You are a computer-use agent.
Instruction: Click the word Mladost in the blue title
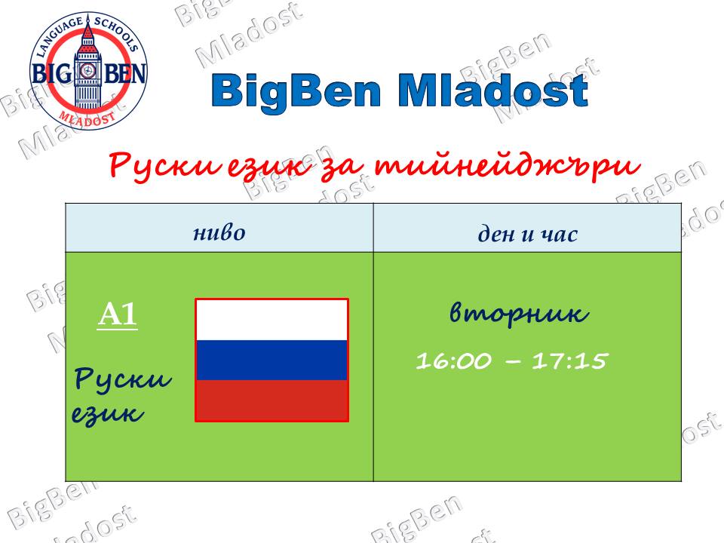pos(492,90)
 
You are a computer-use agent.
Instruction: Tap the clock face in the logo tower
pos(87,71)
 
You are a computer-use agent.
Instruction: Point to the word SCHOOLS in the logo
pos(116,33)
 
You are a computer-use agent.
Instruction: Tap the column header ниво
pos(219,232)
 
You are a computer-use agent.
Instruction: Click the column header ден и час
pos(527,234)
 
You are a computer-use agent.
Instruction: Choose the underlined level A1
pos(118,315)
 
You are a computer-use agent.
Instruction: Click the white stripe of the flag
pos(271,321)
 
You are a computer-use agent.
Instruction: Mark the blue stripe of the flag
pos(271,360)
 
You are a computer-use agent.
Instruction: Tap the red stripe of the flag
pos(271,400)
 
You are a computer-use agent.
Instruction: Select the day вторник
pos(519,314)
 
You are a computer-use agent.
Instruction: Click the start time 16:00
pos(453,360)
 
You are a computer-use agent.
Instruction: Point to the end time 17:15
pos(569,360)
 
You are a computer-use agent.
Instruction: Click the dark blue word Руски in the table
pos(123,379)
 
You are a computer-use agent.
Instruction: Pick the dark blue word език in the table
pos(107,413)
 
